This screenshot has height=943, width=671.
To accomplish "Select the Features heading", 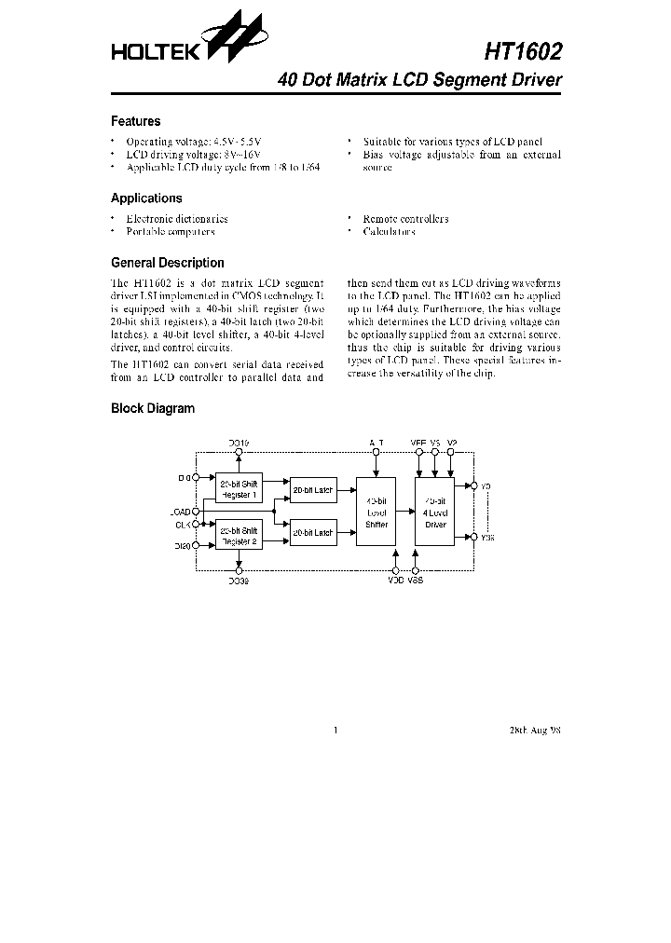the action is point(135,121).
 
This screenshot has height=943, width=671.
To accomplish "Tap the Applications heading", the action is point(146,198).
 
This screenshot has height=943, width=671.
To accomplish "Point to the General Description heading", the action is point(168,263).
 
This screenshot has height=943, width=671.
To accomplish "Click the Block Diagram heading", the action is point(153,408).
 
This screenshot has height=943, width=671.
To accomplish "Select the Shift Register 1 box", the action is point(239,488).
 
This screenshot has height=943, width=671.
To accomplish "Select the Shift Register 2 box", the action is point(239,535).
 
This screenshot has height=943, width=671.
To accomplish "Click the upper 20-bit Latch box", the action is point(312,489).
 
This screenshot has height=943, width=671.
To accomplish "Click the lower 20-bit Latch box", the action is point(312,533).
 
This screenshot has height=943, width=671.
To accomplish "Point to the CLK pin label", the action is point(183,525).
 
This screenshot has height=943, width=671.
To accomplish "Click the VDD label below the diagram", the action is point(396,581).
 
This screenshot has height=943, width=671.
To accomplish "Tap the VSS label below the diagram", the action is point(417,581).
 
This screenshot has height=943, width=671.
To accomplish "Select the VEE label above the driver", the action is point(418,442).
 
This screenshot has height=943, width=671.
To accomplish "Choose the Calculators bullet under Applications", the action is point(389,232).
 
